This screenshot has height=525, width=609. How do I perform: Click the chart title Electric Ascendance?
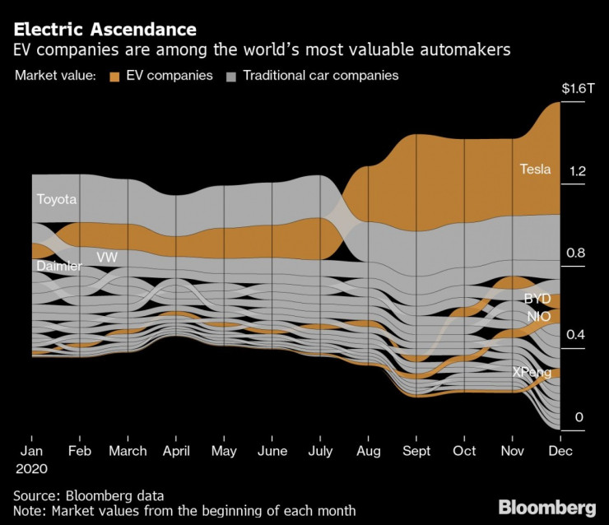pos(105,30)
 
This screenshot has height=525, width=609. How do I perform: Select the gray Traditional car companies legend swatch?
pos(231,76)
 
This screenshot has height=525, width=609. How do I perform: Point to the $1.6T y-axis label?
pos(577,88)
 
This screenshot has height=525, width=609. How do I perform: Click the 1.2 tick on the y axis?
pos(579,171)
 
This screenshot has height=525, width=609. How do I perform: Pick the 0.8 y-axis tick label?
pos(579,253)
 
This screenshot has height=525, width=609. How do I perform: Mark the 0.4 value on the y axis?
pos(579,334)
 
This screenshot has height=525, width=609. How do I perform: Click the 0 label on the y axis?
pos(579,417)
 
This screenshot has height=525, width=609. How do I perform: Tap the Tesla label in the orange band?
pos(535,170)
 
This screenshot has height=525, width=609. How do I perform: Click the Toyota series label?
pos(56,199)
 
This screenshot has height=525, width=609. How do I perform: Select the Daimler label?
pos(58,267)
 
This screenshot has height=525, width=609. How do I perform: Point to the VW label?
pos(107,258)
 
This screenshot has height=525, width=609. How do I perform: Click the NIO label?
pos(539,317)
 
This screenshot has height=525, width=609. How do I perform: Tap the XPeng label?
pos(532,372)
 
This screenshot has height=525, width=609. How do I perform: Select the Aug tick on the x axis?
pos(369,451)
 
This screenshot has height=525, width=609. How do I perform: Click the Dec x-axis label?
pos(560,451)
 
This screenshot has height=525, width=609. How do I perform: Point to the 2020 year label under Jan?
pos(31,468)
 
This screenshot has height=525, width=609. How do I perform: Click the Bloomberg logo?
pos(546,505)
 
